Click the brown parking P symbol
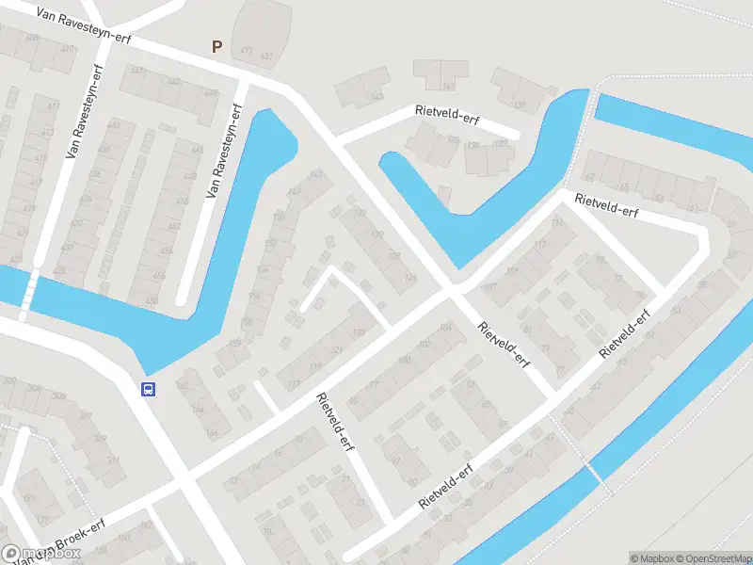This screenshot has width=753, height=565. [216, 45]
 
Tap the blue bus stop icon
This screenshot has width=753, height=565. [148, 389]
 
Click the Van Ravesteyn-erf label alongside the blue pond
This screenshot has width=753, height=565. [224, 150]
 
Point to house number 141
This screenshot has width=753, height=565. [377, 96]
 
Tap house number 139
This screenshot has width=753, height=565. [519, 105]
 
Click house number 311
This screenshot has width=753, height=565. [114, 460]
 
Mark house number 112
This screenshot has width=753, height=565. [539, 245]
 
